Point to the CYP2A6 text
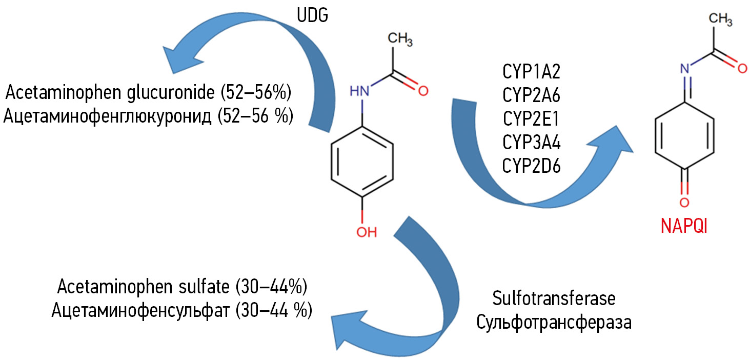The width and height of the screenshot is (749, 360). pos(532,95)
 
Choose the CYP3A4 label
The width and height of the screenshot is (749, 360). pos(532,142)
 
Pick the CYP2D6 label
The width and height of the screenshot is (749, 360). pos(532,165)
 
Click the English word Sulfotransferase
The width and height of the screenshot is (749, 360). pos(554,299)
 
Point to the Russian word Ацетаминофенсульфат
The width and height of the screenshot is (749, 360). pos(138,311)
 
